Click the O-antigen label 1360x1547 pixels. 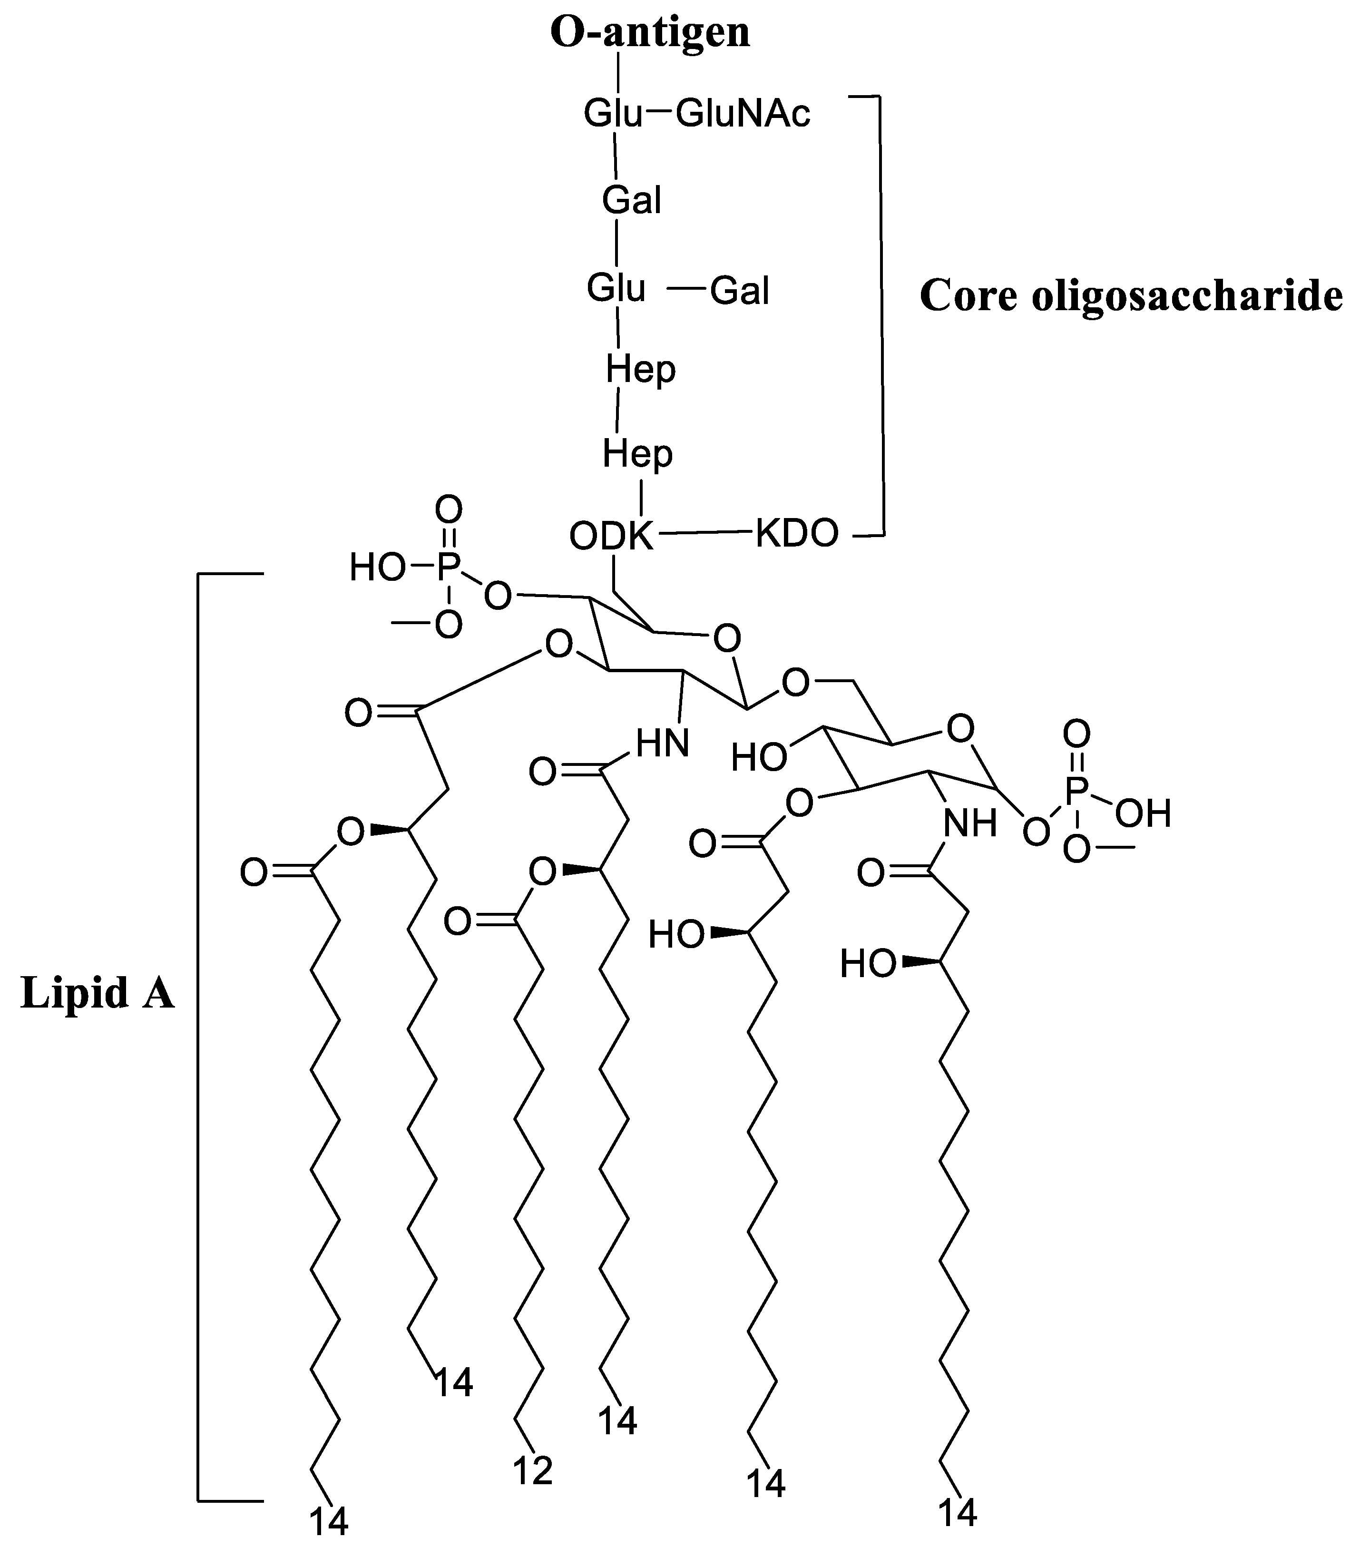pos(649,33)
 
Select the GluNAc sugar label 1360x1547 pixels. pos(743,114)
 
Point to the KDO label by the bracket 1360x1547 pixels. pos(797,534)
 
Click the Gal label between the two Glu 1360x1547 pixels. pos(631,201)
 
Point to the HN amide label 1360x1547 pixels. pos(662,744)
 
